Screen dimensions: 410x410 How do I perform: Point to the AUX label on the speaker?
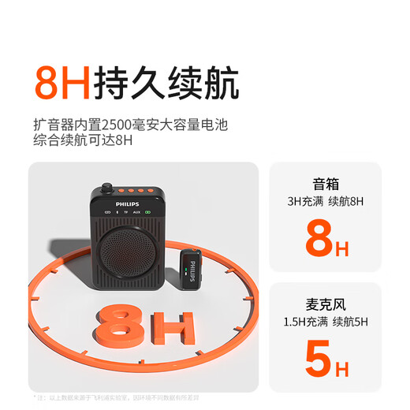pyautogui.click(x=136, y=212)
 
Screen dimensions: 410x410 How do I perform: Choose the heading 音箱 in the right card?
pyautogui.click(x=326, y=183)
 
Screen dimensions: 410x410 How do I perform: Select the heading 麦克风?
pyautogui.click(x=326, y=304)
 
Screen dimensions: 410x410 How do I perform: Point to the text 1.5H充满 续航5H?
pyautogui.click(x=326, y=322)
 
